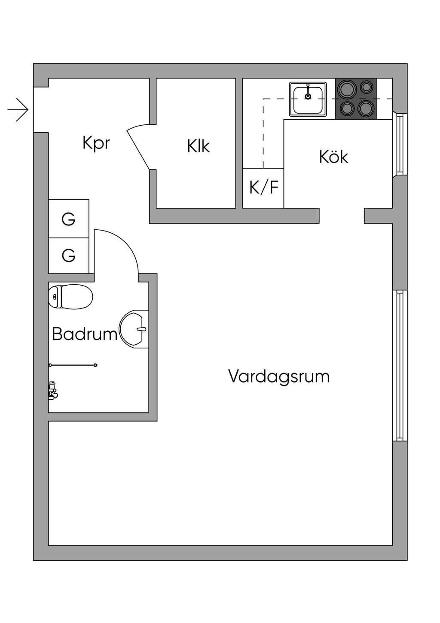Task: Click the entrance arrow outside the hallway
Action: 18,110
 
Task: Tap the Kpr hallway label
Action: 96,143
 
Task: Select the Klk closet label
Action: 198,146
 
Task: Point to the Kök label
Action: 333,157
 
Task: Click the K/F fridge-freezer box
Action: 263,188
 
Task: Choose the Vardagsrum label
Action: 279,376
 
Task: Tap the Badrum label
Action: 84,334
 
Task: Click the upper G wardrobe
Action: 69,219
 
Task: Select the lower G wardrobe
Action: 69,256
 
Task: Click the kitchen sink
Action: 308,99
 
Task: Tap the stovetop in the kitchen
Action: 356,99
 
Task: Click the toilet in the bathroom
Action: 71,296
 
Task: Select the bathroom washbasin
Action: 134,329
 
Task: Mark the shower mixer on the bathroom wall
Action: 53,390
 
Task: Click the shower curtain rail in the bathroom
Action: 73,365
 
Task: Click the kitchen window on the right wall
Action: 400,145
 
